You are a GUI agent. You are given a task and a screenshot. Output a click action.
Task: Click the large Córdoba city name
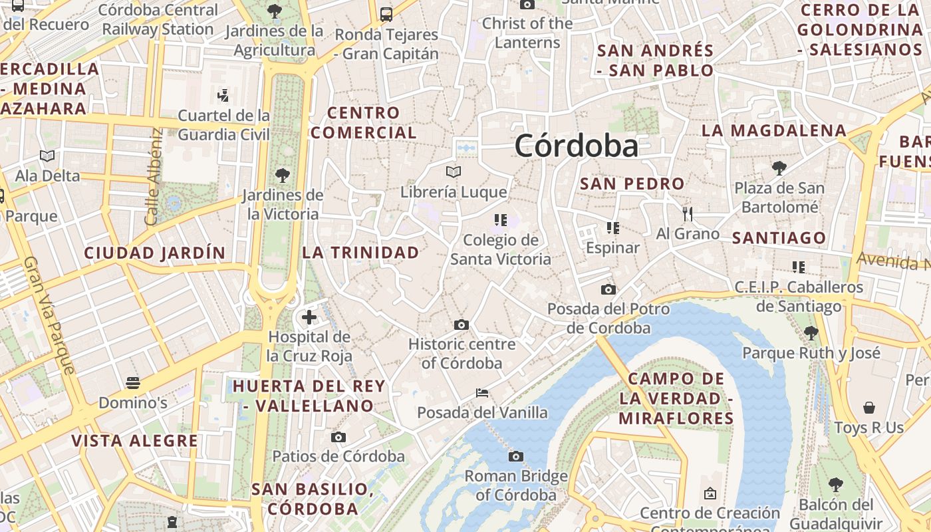(576, 146)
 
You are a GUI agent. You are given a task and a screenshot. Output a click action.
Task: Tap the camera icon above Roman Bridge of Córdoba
(515, 456)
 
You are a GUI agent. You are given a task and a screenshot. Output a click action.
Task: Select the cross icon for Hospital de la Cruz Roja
(309, 317)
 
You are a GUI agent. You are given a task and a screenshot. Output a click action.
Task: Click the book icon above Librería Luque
(454, 172)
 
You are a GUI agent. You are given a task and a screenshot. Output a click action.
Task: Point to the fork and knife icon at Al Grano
(688, 214)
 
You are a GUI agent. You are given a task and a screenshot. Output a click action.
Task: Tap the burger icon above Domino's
(133, 383)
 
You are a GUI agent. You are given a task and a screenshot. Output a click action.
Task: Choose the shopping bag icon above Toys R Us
(868, 407)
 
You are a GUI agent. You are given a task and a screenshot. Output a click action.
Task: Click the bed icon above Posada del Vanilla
(482, 393)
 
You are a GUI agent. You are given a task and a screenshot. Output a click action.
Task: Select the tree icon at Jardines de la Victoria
(283, 176)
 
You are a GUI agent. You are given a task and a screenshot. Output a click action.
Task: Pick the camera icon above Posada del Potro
(608, 289)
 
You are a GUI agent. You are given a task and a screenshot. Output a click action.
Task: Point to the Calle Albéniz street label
(153, 177)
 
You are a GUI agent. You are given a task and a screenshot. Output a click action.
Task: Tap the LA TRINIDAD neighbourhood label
(360, 253)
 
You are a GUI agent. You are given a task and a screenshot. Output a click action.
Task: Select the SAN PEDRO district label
(632, 184)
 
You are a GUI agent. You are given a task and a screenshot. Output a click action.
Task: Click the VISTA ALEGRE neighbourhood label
(134, 441)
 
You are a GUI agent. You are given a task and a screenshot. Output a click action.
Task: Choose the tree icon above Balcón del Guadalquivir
(836, 485)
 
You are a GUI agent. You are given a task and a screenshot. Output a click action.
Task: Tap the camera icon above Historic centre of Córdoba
(462, 325)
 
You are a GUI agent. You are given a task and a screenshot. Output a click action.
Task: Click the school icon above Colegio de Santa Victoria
(500, 219)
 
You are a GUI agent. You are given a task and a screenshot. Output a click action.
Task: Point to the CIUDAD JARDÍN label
(155, 253)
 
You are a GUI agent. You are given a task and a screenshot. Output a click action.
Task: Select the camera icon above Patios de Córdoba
(338, 437)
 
